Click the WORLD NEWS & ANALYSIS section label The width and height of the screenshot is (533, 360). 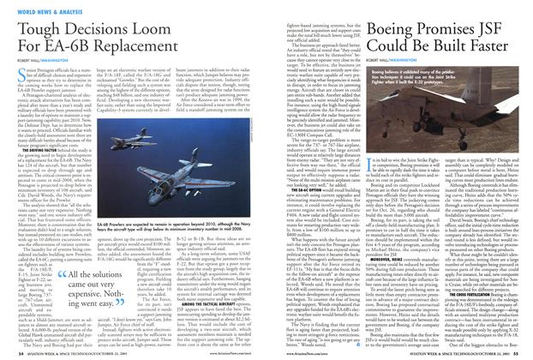click(35, 6)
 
